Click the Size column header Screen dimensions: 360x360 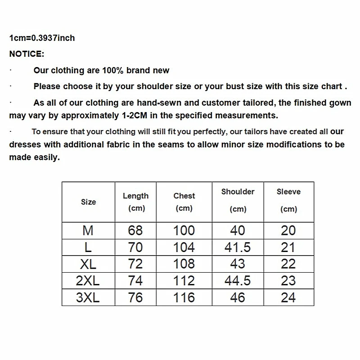88,202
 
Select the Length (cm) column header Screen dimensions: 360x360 135,202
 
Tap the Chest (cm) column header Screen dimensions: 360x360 184,202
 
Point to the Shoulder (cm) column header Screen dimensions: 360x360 238,200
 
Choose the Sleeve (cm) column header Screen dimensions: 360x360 288,200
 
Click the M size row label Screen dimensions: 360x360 88,230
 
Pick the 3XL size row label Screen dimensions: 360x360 88,297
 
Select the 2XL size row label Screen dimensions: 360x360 88,281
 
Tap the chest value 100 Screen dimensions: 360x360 184,230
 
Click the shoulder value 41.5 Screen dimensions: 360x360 238,247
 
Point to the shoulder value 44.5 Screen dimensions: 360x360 238,281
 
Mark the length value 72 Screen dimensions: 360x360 135,264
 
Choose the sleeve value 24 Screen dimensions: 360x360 288,297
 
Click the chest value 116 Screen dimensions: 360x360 184,297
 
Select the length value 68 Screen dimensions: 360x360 135,230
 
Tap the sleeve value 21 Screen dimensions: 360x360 288,247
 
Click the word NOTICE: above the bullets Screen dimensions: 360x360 27,54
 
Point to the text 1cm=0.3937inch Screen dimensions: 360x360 42,38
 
